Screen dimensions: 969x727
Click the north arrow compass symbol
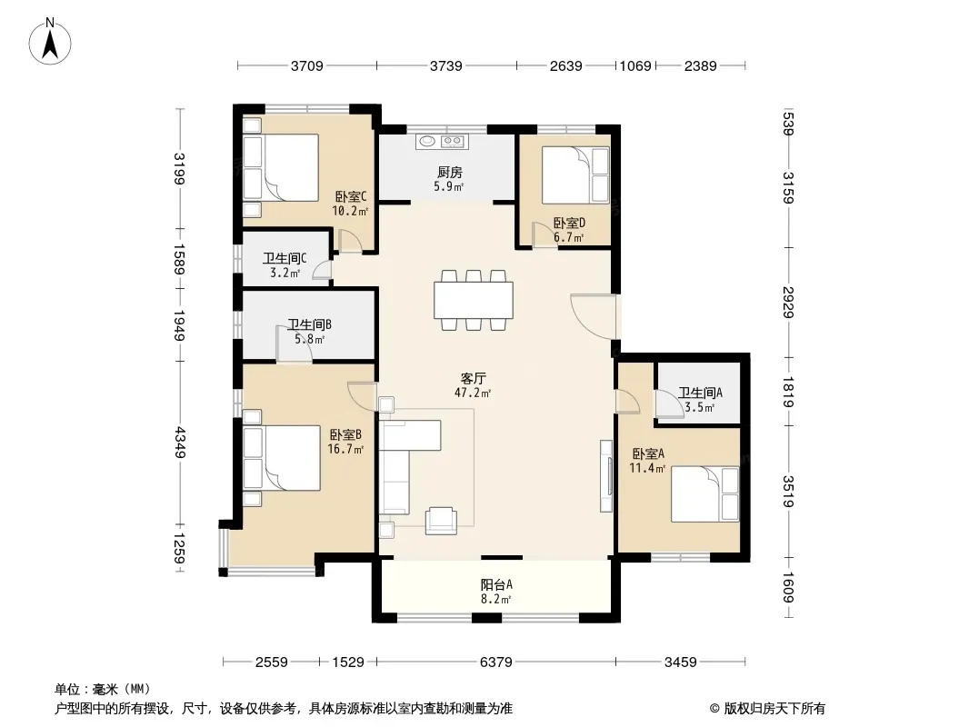[x=50, y=42]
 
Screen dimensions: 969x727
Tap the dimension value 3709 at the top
[x=307, y=66]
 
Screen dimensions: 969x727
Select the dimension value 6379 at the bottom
[x=496, y=662]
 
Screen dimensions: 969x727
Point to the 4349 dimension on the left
[x=179, y=442]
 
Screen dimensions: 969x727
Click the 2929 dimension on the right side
[x=788, y=302]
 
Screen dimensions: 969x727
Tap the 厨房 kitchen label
[x=449, y=173]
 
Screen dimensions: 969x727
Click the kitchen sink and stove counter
[x=441, y=142]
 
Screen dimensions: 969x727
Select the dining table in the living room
[x=474, y=300]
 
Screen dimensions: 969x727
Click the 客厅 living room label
[x=474, y=378]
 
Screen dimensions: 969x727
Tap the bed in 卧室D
[x=576, y=174]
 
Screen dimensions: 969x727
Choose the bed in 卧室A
[x=705, y=493]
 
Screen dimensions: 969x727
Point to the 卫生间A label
[x=700, y=393]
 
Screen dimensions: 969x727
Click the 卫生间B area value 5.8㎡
[x=310, y=339]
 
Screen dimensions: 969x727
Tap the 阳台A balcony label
[x=496, y=584]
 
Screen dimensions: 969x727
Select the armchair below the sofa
[x=441, y=521]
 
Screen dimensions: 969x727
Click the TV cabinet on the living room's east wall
[x=606, y=475]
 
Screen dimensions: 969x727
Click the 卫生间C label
[x=285, y=258]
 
